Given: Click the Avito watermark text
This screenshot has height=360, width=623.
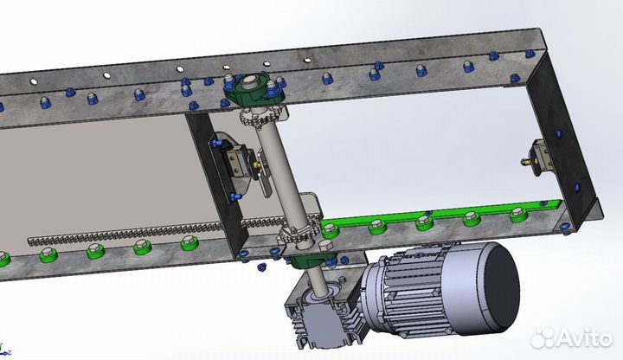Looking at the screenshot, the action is pyautogui.click(x=584, y=339).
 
